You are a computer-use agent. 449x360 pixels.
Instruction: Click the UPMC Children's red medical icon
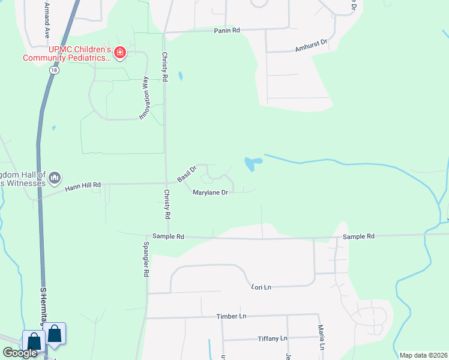tap(121, 53)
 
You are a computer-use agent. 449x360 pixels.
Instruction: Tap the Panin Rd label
tap(226, 30)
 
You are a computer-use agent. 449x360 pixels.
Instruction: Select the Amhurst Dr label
tap(310, 44)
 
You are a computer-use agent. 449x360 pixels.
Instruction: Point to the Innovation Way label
tap(145, 98)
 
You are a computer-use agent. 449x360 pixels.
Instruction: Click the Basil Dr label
tap(187, 175)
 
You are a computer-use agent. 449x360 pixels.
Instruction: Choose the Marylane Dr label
tap(210, 193)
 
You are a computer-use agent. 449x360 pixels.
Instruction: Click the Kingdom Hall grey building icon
tap(55, 177)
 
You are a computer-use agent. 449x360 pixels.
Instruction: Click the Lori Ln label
tap(261, 287)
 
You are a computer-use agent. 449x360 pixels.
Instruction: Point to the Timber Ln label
tap(232, 316)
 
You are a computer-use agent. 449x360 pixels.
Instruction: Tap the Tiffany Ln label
tap(272, 338)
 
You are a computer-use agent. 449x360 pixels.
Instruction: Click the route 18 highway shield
tap(55, 70)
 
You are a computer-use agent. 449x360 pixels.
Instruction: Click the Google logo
tap(20, 353)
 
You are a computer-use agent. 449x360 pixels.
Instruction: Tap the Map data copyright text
tap(424, 355)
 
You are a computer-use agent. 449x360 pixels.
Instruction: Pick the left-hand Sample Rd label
tap(168, 236)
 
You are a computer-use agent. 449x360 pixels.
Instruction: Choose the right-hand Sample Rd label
tap(358, 236)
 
